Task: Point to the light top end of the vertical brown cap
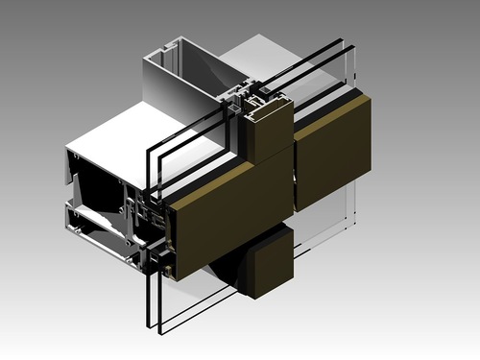tap(268, 103)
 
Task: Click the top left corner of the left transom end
tap(66, 150)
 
